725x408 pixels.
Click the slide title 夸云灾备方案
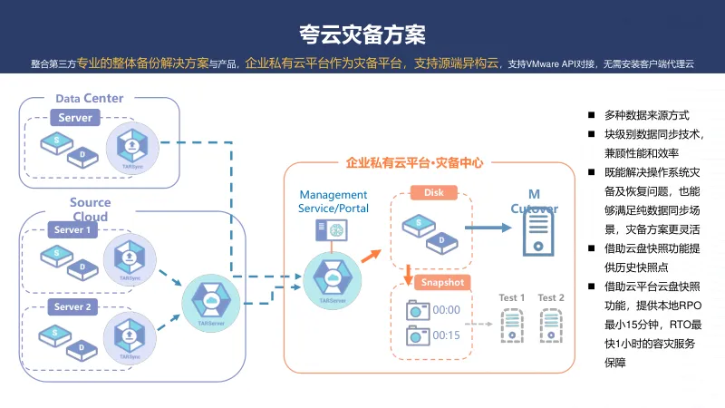pyautogui.click(x=362, y=34)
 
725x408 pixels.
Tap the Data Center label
pyautogui.click(x=90, y=98)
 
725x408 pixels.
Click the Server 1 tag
pyautogui.click(x=72, y=230)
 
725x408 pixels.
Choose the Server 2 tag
pyautogui.click(x=72, y=307)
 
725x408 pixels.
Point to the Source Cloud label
pyautogui.click(x=91, y=209)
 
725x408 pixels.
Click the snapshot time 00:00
pyautogui.click(x=447, y=309)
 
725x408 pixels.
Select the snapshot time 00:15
pyautogui.click(x=447, y=335)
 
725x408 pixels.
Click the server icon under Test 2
pyautogui.click(x=551, y=325)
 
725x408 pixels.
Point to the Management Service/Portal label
pyautogui.click(x=333, y=201)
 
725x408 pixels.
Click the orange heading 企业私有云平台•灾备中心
pyautogui.click(x=414, y=163)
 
